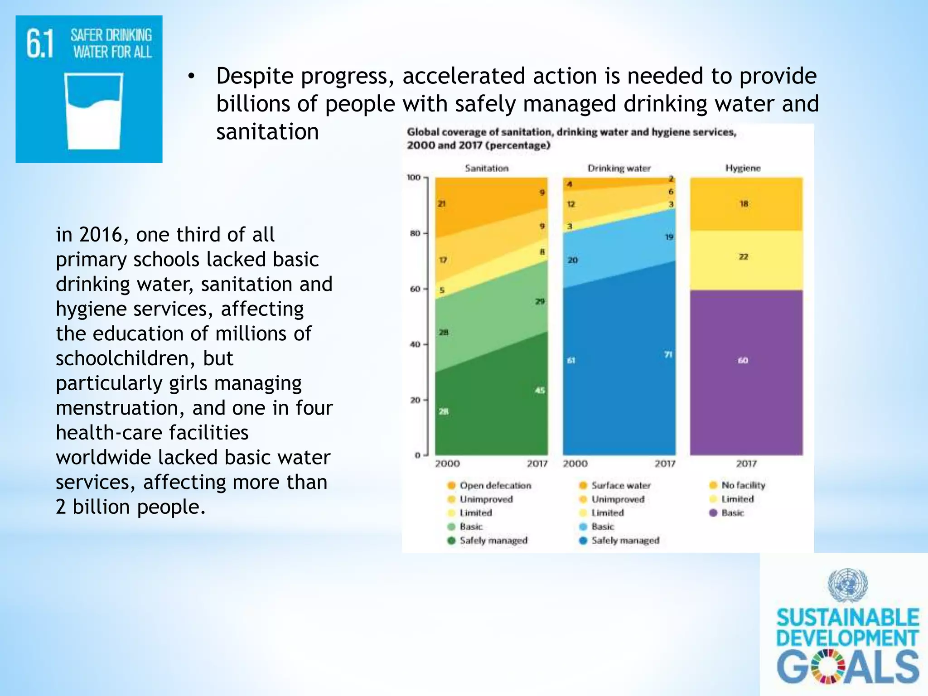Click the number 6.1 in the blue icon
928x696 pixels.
click(40, 43)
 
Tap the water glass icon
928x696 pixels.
click(94, 111)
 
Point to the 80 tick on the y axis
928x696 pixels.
click(415, 233)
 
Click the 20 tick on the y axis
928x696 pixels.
click(415, 400)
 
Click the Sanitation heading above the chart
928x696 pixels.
click(487, 168)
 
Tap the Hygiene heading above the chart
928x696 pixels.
click(743, 168)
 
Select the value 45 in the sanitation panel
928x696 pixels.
click(540, 390)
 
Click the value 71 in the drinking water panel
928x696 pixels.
click(668, 354)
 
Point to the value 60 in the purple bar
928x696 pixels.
click(743, 361)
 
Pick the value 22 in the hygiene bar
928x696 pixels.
click(744, 257)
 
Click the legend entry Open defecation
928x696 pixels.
click(495, 485)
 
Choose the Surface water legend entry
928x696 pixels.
click(620, 485)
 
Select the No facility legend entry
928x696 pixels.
click(743, 485)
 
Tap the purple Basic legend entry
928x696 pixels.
click(732, 513)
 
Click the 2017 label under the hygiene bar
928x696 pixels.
click(746, 464)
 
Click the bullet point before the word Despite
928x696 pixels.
click(191, 77)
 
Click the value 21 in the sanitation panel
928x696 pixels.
click(442, 204)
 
